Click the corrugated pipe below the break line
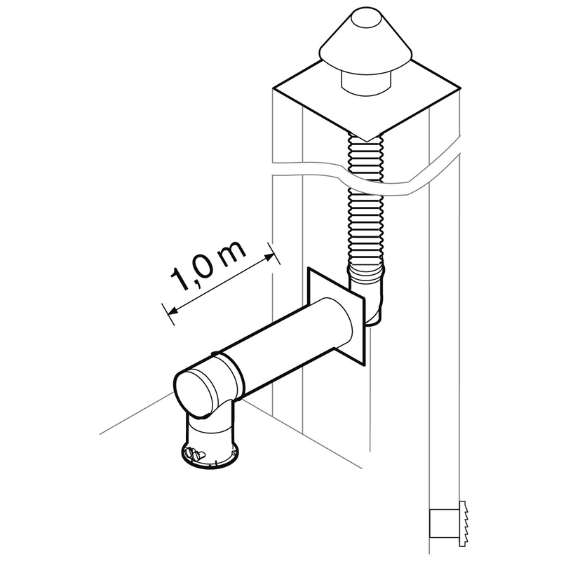point(366,224)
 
